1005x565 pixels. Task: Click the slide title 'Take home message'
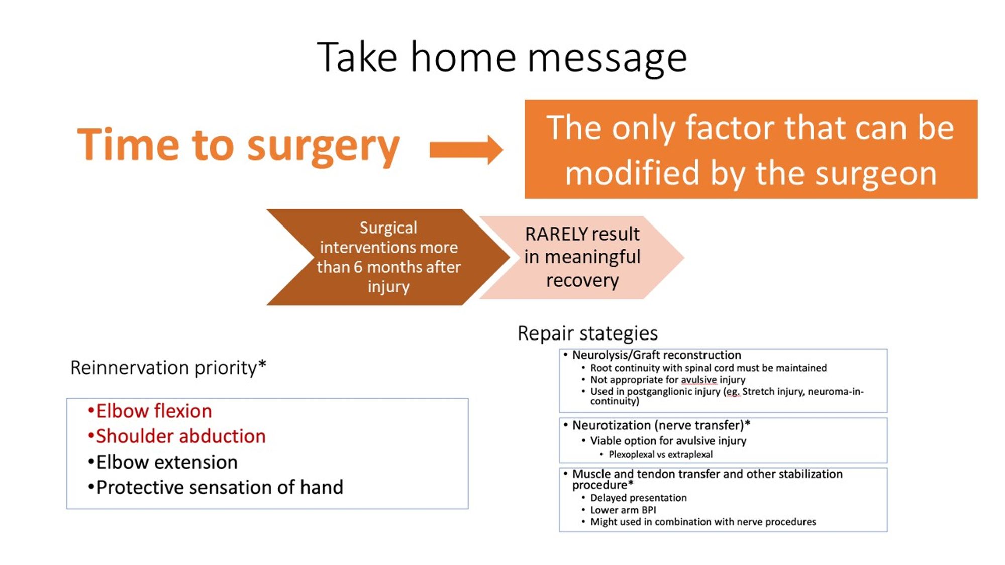pos(501,58)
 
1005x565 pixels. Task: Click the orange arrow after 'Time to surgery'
pos(466,149)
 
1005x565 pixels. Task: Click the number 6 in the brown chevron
pos(358,267)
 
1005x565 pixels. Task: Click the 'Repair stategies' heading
pos(587,333)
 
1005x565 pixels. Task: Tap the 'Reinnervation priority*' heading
pos(168,368)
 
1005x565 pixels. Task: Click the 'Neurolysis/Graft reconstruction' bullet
pos(656,355)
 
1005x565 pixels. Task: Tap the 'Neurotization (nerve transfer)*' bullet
pos(661,425)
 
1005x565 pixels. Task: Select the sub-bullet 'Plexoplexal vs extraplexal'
pos(660,455)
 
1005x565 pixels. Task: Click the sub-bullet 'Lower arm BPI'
pos(623,510)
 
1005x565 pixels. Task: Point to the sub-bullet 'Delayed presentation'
pos(638,498)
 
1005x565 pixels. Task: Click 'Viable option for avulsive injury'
pos(668,441)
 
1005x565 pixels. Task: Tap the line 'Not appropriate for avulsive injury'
pos(667,380)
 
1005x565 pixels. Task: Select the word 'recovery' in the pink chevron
pos(582,280)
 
